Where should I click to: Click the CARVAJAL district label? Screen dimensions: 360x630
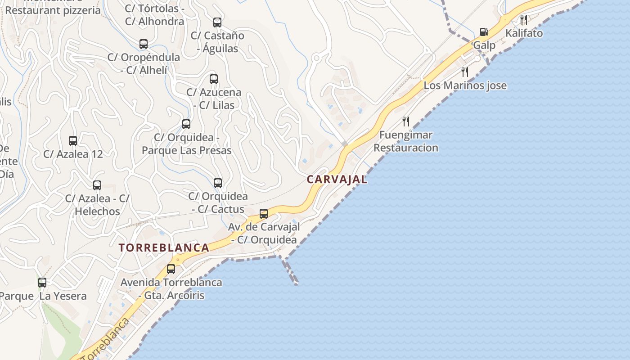pyautogui.click(x=337, y=179)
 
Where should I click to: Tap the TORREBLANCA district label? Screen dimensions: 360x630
pyautogui.click(x=164, y=247)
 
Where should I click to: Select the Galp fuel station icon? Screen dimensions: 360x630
pyautogui.click(x=484, y=32)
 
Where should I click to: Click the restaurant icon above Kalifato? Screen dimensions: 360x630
pyautogui.click(x=523, y=20)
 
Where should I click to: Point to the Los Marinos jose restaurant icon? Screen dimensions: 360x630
pyautogui.click(x=465, y=72)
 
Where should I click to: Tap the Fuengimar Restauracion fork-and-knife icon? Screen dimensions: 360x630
pyautogui.click(x=406, y=121)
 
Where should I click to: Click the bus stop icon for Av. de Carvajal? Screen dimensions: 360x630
pyautogui.click(x=264, y=213)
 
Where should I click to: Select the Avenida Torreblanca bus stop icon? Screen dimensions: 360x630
pyautogui.click(x=171, y=269)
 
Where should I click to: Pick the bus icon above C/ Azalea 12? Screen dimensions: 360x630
pyautogui.click(x=73, y=140)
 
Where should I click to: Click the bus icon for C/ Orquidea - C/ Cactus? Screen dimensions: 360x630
pyautogui.click(x=218, y=183)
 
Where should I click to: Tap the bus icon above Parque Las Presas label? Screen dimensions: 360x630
pyautogui.click(x=186, y=124)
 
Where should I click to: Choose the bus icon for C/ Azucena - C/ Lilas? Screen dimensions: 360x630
pyautogui.click(x=214, y=79)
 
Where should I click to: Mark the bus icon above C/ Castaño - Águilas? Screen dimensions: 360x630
pyautogui.click(x=217, y=22)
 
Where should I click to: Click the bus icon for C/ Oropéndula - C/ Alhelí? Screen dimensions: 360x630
pyautogui.click(x=144, y=44)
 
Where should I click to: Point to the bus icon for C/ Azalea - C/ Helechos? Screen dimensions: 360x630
pyautogui.click(x=97, y=185)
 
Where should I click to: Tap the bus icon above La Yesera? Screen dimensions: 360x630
pyautogui.click(x=42, y=283)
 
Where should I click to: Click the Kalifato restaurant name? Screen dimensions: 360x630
pyautogui.click(x=524, y=33)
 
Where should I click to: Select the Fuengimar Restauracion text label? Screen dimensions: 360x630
pyautogui.click(x=406, y=141)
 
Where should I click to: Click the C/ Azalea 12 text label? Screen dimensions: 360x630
pyautogui.click(x=73, y=154)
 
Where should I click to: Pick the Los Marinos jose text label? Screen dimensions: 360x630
pyautogui.click(x=465, y=85)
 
